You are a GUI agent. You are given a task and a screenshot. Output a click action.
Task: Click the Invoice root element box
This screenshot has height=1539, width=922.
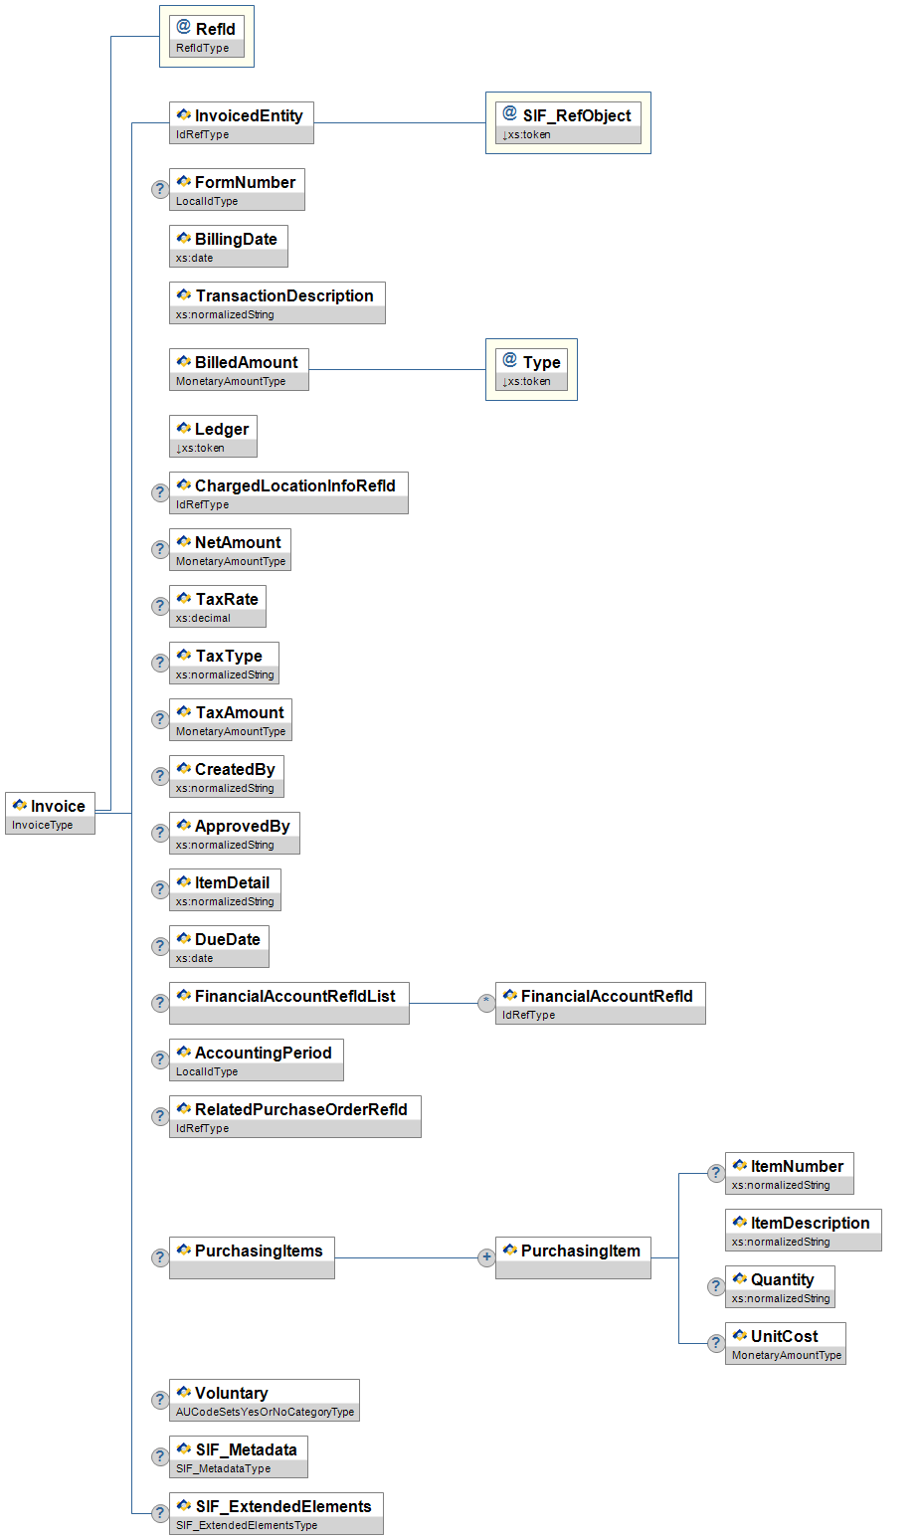[x=50, y=813]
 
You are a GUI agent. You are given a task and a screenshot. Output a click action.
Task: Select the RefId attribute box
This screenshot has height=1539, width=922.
[x=206, y=37]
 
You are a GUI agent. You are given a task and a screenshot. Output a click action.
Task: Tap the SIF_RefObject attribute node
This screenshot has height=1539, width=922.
[x=568, y=123]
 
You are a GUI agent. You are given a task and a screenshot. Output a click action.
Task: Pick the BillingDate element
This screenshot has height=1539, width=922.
[x=228, y=246]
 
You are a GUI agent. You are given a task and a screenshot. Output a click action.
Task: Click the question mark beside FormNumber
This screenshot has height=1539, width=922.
[x=159, y=189]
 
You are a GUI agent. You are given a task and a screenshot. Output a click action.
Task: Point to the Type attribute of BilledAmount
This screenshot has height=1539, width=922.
[x=531, y=369]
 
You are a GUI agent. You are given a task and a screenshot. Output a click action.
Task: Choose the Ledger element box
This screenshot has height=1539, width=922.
[x=213, y=436]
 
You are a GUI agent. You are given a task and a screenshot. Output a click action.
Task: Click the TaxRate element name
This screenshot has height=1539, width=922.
[x=227, y=599]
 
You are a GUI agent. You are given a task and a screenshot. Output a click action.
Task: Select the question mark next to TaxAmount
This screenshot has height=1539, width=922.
[x=159, y=719]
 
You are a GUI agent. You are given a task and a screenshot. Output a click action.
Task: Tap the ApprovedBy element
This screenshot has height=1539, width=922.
[x=234, y=833]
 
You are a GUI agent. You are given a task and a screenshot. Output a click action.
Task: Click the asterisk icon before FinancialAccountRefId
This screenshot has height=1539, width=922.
[x=486, y=1003]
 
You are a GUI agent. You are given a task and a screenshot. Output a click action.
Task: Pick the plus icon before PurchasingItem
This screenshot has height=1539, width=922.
[x=486, y=1257]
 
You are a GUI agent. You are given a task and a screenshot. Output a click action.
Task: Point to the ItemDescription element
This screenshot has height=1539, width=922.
[x=803, y=1230]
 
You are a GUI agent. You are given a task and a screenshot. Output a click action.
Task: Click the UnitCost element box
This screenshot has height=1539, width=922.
[x=785, y=1343]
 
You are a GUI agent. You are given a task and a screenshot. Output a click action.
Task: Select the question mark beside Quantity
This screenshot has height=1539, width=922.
[x=715, y=1286]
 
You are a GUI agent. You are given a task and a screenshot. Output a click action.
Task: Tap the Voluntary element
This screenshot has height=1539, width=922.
[x=264, y=1400]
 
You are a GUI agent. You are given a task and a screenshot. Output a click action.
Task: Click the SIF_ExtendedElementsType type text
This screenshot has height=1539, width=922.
[x=247, y=1525]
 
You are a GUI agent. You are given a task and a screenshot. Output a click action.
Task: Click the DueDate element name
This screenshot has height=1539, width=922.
[x=227, y=939]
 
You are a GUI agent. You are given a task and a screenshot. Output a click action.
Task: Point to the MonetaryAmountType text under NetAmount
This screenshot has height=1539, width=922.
[x=231, y=561]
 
